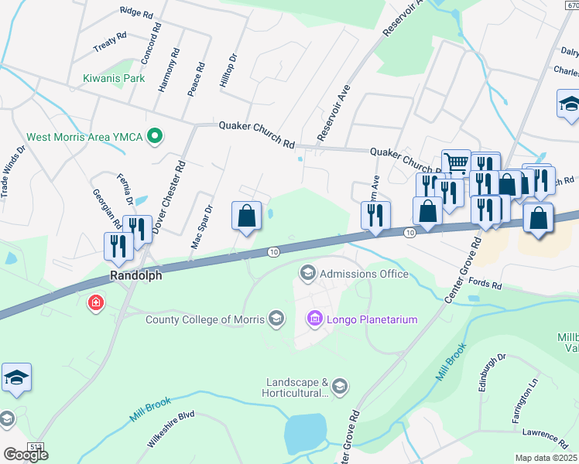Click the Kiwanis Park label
114,78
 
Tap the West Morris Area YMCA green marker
155,137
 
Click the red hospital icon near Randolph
95,302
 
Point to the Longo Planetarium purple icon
314,319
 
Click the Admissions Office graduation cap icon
307,274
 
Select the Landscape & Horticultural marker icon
341,385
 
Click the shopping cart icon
456,162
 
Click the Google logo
26,455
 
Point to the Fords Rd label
485,286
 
